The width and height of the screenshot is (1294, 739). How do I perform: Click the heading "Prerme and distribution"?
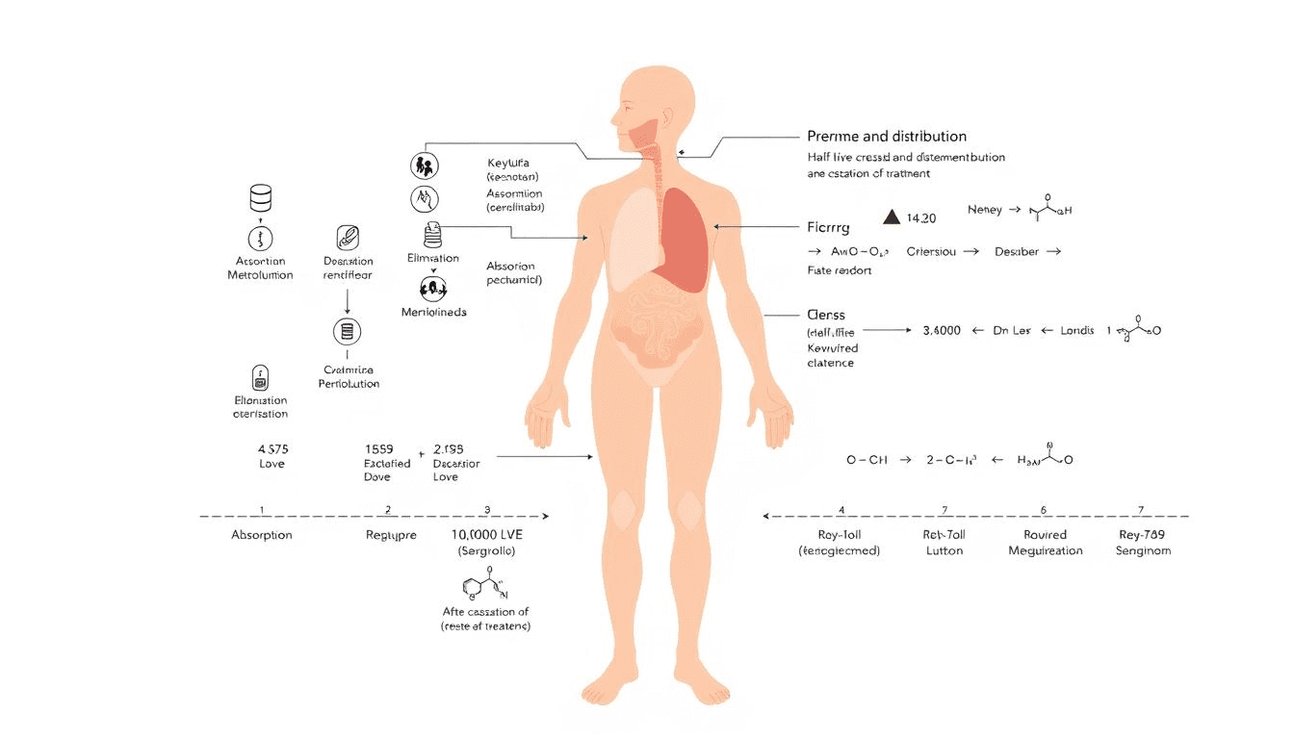point(886,137)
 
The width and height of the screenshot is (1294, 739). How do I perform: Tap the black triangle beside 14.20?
point(891,217)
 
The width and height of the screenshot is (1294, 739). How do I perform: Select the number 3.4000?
point(942,330)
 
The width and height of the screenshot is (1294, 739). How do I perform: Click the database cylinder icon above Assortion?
point(260,199)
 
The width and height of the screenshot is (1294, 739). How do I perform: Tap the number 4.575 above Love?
point(272,448)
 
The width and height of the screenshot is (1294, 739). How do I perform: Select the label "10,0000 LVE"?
point(487,534)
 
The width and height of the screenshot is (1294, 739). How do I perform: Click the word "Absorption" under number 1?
point(262,534)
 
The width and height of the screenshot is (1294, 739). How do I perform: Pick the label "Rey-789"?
point(1143,534)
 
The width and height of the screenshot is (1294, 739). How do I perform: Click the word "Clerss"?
point(827,315)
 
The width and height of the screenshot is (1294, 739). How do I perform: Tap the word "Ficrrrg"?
point(830,229)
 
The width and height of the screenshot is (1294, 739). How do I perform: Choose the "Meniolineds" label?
point(433,312)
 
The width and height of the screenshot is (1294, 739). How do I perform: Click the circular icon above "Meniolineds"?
point(432,287)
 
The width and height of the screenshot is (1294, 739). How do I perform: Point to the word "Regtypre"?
point(391,534)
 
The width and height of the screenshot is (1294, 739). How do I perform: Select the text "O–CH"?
point(867,460)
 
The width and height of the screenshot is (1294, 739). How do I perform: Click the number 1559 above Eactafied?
point(379,448)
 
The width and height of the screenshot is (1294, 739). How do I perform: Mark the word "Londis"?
point(1076,330)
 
